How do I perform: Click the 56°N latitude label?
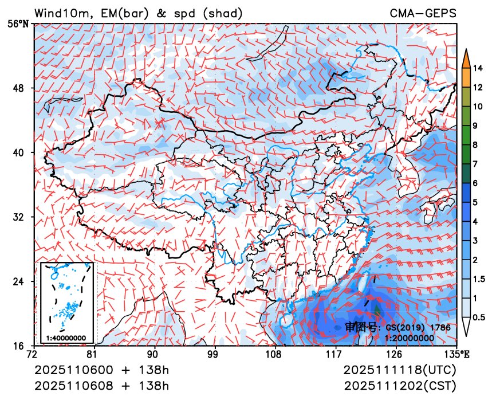point(21,24)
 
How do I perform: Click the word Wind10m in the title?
point(60,13)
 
